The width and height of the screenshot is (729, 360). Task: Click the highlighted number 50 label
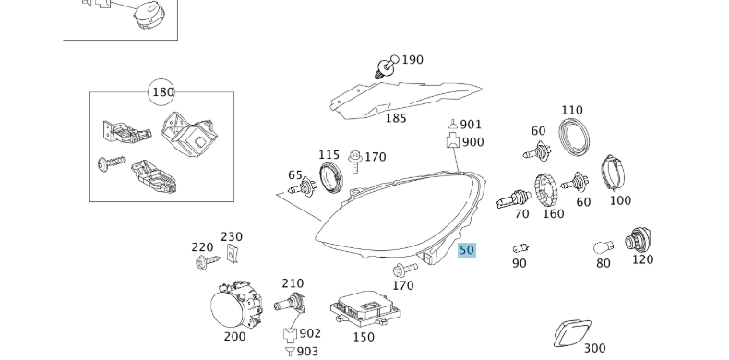click(x=466, y=249)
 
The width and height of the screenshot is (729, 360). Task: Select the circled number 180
click(x=162, y=91)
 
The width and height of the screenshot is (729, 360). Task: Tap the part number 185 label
click(x=395, y=118)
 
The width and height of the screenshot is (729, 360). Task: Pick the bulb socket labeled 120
click(x=638, y=241)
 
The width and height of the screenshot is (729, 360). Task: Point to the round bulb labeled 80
click(x=604, y=247)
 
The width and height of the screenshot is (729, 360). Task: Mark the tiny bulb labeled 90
click(x=520, y=248)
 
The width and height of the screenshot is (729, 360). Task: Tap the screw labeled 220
click(x=202, y=263)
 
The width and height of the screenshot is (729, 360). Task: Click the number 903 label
click(x=307, y=352)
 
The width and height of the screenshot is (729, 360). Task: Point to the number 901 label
click(x=471, y=125)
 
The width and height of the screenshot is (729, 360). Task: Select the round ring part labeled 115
click(x=330, y=175)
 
